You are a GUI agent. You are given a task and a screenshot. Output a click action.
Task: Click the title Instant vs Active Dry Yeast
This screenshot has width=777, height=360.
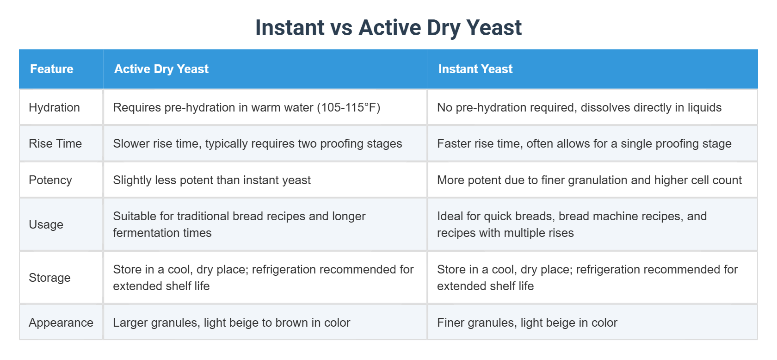(388, 28)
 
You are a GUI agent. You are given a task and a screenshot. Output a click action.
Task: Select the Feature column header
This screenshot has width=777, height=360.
(52, 69)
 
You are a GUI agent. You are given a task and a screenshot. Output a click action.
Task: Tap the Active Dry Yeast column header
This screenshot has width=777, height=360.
(161, 69)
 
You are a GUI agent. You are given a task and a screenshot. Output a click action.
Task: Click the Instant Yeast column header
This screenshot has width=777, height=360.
(475, 69)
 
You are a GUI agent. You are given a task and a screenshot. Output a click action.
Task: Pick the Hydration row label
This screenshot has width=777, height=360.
(54, 107)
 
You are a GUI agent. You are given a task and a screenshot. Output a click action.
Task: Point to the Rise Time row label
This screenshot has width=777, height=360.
(55, 143)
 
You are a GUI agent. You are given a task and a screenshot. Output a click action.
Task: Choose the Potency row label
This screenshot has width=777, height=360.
(50, 180)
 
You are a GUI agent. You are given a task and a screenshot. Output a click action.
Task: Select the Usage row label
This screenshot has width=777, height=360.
(46, 224)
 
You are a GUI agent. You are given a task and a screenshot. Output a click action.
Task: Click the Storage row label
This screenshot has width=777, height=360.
(49, 278)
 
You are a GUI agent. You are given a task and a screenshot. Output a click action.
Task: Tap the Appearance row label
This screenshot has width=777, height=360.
(61, 323)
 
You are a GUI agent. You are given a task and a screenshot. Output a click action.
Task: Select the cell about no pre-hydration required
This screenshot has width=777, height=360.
(579, 107)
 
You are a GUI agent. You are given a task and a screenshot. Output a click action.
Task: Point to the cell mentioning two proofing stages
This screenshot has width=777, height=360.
(257, 143)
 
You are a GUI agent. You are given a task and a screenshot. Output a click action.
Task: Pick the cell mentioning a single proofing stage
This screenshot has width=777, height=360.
(584, 143)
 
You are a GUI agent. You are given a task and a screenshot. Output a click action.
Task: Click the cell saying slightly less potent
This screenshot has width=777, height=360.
(212, 180)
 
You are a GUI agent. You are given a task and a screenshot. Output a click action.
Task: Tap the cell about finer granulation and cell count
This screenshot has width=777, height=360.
(589, 180)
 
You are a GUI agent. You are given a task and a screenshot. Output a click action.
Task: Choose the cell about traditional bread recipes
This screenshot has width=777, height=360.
(239, 224)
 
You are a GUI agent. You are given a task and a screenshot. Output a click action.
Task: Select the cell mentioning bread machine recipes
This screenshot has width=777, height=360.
(572, 224)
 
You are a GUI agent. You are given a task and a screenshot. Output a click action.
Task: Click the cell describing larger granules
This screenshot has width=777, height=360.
(231, 323)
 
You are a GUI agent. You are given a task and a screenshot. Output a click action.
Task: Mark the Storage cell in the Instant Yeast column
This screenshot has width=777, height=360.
(587, 278)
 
